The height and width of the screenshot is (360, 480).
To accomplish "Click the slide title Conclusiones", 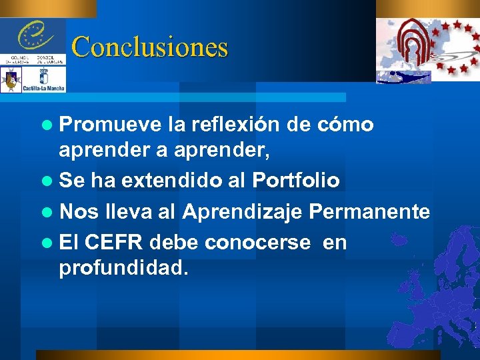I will click(x=149, y=47).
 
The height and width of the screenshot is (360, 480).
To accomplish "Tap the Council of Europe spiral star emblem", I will click(x=31, y=33).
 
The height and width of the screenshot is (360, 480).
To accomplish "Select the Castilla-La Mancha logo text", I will click(x=43, y=87).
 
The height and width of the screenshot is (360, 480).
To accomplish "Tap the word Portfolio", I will click(x=295, y=180).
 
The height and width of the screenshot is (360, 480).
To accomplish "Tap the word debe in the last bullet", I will click(x=175, y=243).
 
